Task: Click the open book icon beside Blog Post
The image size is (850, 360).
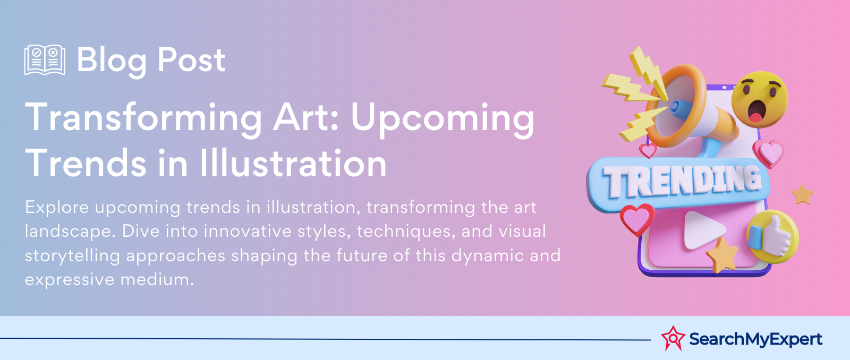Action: [x=45, y=59]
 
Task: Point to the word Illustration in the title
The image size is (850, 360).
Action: [x=293, y=164]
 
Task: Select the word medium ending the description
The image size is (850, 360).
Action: [x=157, y=280]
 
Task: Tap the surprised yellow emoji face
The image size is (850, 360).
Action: [x=759, y=99]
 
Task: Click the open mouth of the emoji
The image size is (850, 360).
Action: [x=756, y=112]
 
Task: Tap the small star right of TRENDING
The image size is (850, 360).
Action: [x=803, y=194]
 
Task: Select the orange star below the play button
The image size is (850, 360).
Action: [x=722, y=255]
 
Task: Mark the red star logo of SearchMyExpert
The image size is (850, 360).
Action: [x=673, y=338]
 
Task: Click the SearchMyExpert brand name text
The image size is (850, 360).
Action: [x=755, y=339]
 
